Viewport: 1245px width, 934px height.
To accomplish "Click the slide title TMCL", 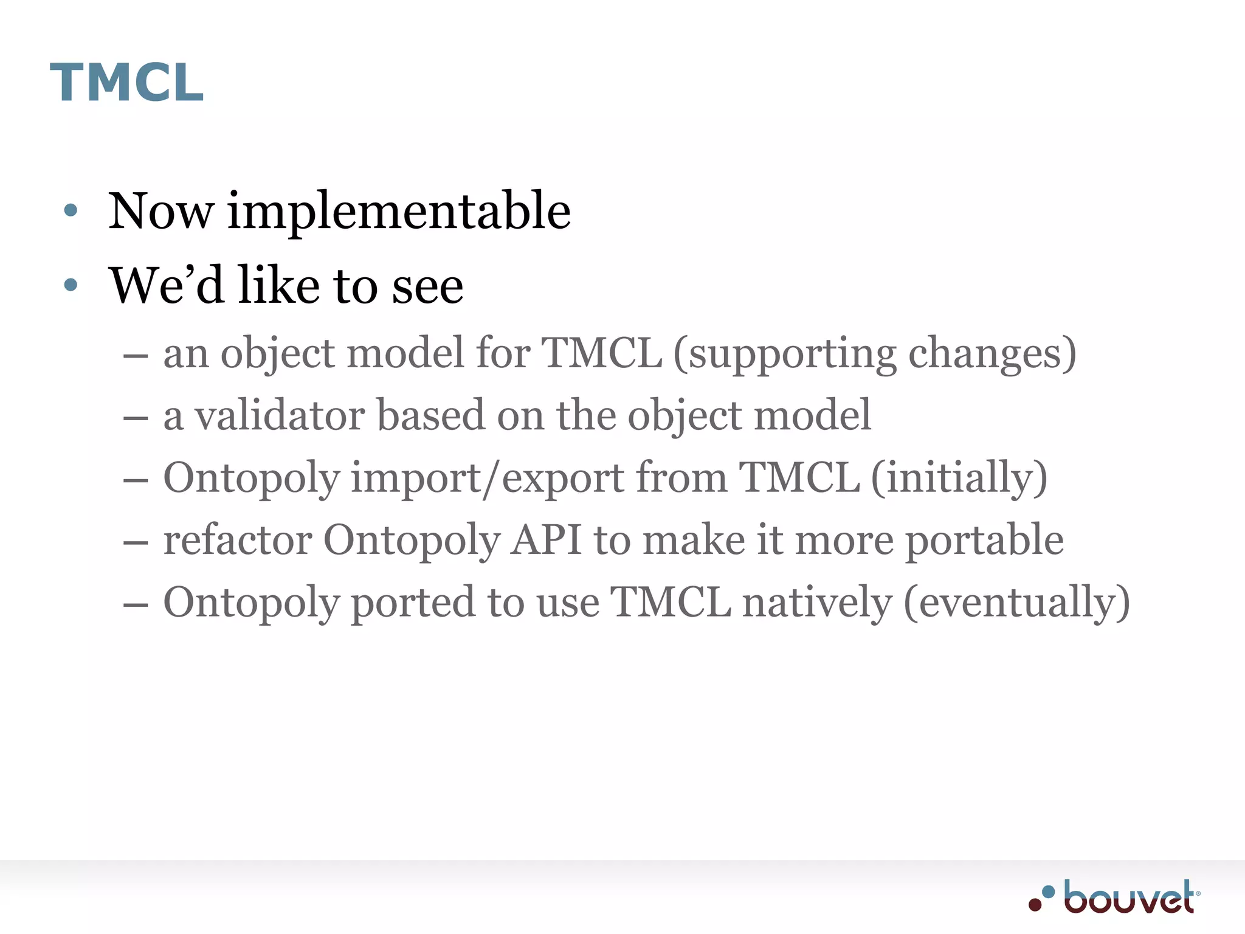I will (x=126, y=83).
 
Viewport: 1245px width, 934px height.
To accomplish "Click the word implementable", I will (x=399, y=212).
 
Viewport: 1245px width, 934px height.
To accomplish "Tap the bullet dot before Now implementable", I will (x=71, y=210).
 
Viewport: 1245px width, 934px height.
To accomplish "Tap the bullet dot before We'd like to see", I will (x=71, y=285).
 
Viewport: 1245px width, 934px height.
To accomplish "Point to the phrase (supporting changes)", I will (x=875, y=354).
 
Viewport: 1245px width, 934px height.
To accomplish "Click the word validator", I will (x=280, y=416).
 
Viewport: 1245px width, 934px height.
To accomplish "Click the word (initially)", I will (x=959, y=478).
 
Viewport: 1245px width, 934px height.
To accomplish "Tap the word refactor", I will (x=238, y=540).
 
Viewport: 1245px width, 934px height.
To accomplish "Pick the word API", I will (x=546, y=540).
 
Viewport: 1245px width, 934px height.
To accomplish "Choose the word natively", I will (x=818, y=603).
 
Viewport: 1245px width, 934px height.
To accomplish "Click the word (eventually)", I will (x=1016, y=603).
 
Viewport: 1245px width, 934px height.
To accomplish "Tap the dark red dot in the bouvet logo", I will (x=1035, y=905).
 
